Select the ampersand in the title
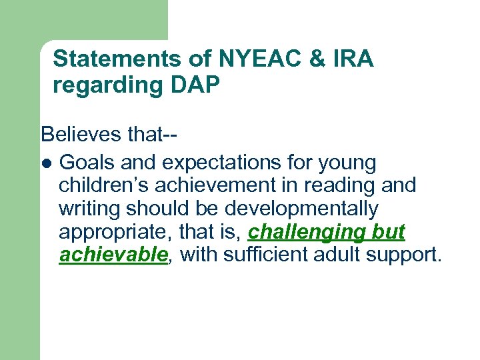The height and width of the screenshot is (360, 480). point(314,59)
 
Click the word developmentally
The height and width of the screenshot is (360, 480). point(301,209)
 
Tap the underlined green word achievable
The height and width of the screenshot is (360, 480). point(112,255)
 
